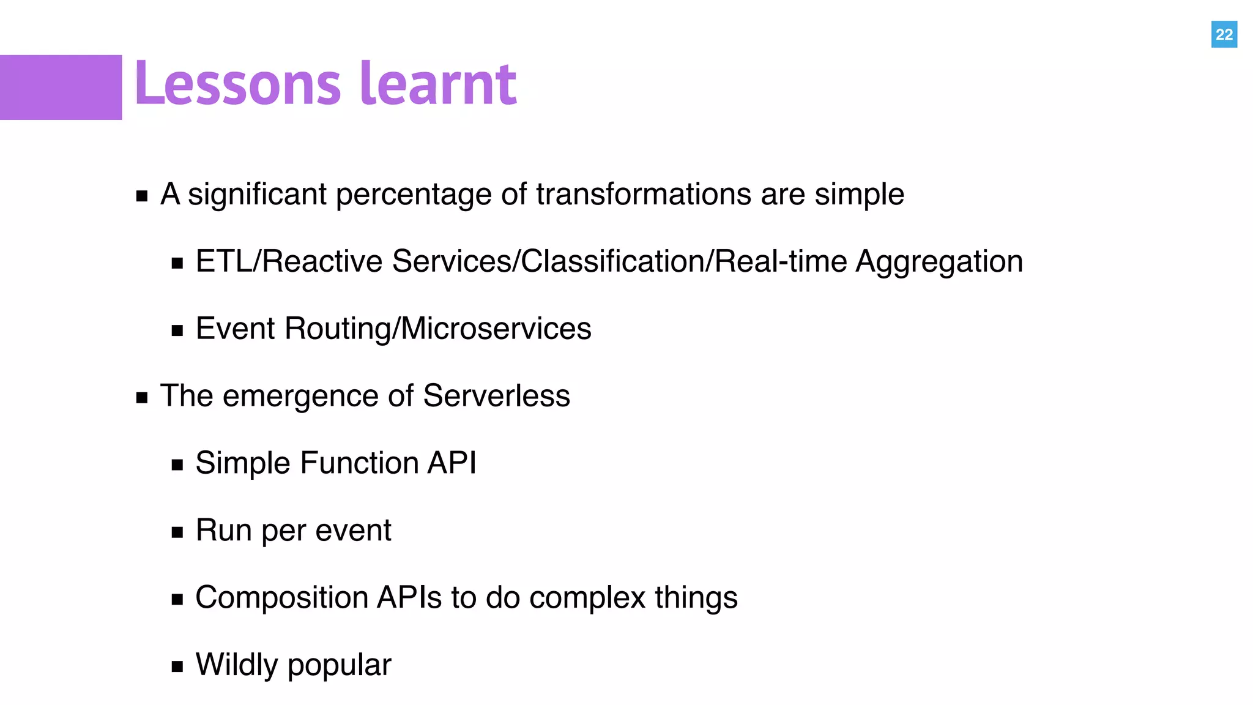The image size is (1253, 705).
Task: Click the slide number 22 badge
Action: click(1224, 34)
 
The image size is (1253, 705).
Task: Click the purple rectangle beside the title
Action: click(61, 88)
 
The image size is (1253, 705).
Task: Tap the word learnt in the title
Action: click(438, 84)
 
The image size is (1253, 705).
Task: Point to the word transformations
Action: click(644, 195)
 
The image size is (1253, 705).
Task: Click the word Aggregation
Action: click(939, 263)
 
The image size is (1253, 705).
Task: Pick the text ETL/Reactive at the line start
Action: click(289, 262)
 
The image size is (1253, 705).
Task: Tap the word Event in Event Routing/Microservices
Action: click(236, 329)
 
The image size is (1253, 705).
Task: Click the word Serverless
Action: click(496, 396)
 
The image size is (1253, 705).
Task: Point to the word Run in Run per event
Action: click(223, 531)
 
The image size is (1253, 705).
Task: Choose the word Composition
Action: click(281, 599)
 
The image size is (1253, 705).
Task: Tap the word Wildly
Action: click(236, 666)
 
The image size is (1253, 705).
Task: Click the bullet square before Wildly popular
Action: click(177, 666)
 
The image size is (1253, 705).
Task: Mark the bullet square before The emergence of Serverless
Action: click(142, 398)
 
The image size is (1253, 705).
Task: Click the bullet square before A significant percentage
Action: click(142, 196)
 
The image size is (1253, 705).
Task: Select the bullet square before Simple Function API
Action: click(177, 465)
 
